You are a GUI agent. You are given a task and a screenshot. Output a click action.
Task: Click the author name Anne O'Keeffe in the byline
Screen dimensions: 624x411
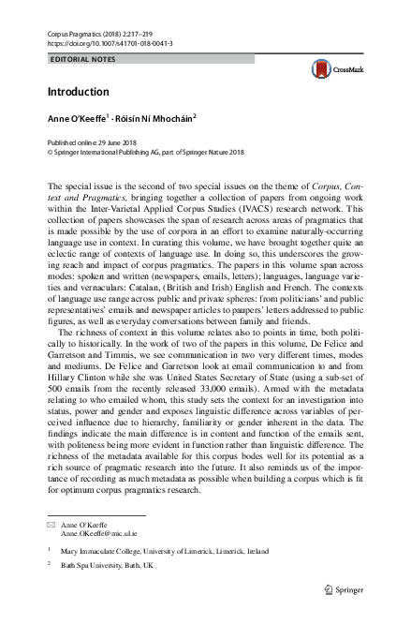click(x=77, y=120)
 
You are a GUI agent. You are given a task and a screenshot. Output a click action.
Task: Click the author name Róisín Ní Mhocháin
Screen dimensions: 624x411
click(x=155, y=120)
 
